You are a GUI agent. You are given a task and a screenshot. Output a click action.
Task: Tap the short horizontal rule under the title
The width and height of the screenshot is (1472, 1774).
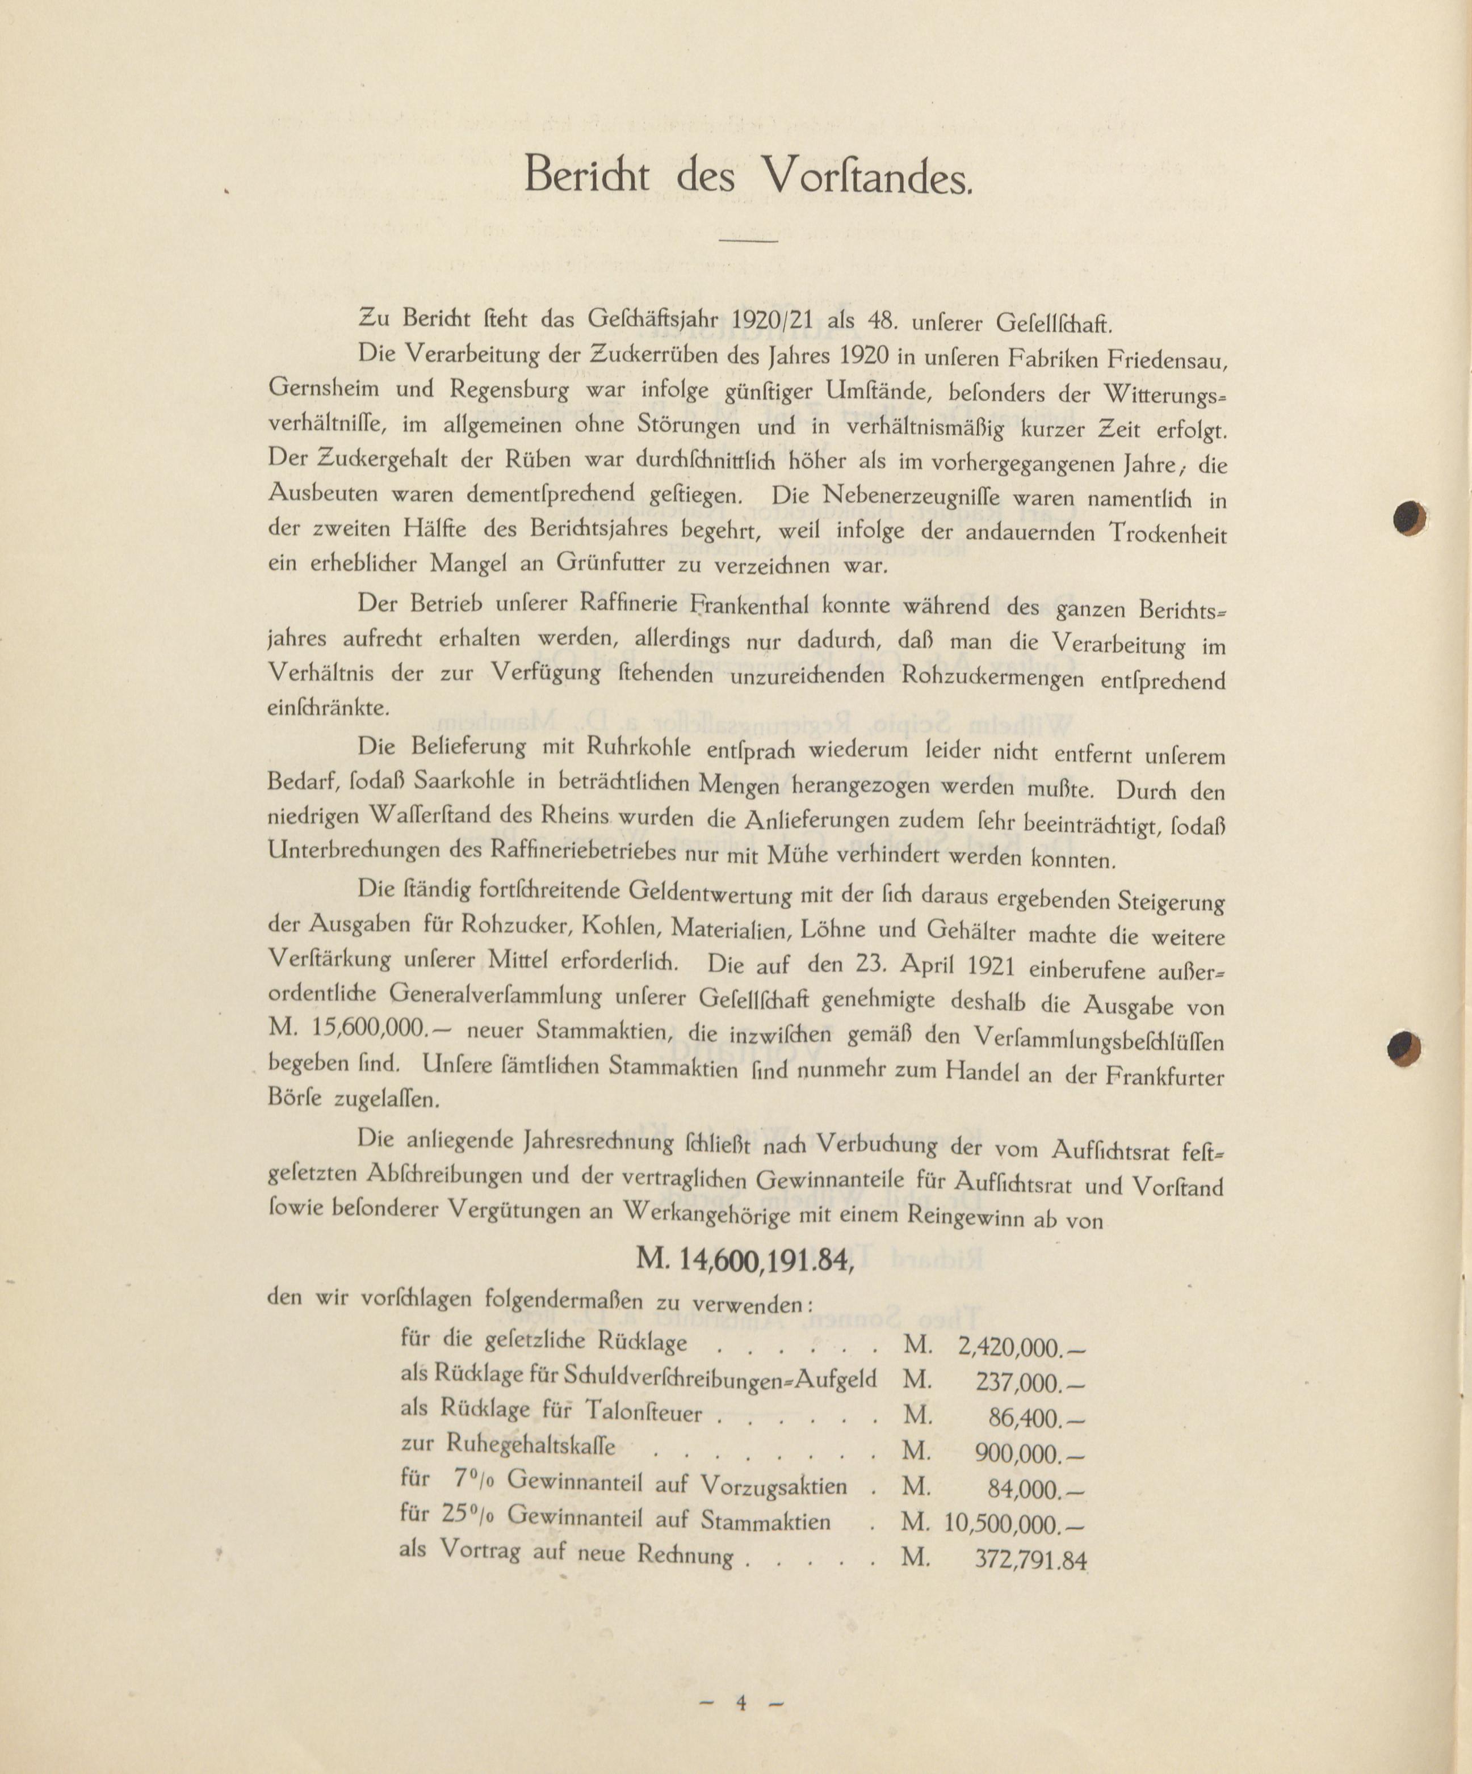pos(748,243)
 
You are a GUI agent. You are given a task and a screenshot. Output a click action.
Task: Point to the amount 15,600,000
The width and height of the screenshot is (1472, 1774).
pos(372,1030)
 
